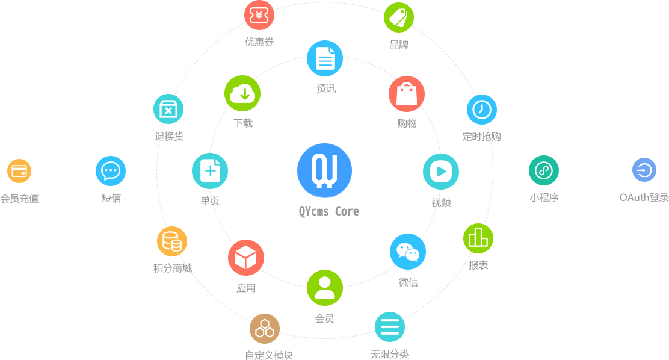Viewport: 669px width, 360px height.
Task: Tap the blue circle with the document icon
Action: (325, 58)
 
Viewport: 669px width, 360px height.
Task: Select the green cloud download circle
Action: (242, 93)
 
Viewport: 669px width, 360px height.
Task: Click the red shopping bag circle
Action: (407, 93)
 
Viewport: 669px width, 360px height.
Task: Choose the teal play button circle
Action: (441, 172)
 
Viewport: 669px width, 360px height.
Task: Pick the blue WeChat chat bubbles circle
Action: (408, 251)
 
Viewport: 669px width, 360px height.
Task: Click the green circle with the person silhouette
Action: (325, 287)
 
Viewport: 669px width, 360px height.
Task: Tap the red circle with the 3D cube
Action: (246, 258)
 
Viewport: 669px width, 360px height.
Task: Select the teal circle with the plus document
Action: (210, 171)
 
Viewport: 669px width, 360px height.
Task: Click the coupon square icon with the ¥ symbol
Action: (259, 15)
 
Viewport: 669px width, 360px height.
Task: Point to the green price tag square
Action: (398, 17)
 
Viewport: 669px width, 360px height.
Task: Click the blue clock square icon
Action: (481, 110)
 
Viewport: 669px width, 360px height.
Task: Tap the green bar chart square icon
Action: (478, 238)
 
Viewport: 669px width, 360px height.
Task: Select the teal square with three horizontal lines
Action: (390, 327)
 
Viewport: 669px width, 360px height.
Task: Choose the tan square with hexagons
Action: (265, 329)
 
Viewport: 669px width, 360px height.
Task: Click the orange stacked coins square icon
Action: (172, 241)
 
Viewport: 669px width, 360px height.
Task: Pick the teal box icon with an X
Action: (168, 109)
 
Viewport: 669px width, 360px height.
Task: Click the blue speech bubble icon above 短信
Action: (111, 171)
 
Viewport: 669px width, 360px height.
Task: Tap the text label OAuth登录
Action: (644, 197)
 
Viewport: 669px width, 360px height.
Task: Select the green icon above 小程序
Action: (544, 170)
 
